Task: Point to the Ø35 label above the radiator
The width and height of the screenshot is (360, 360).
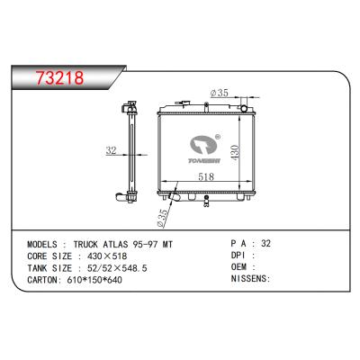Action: [220, 92]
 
